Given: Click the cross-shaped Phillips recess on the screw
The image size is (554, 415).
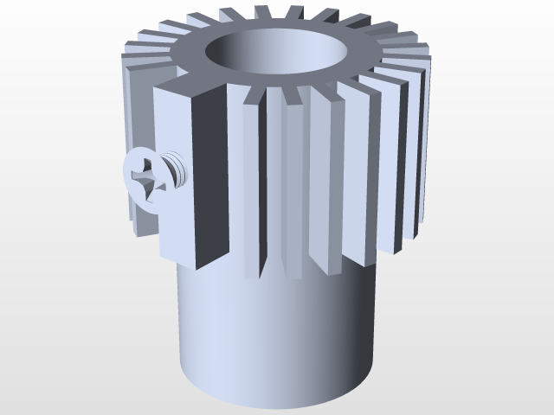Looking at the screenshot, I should (x=146, y=178).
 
